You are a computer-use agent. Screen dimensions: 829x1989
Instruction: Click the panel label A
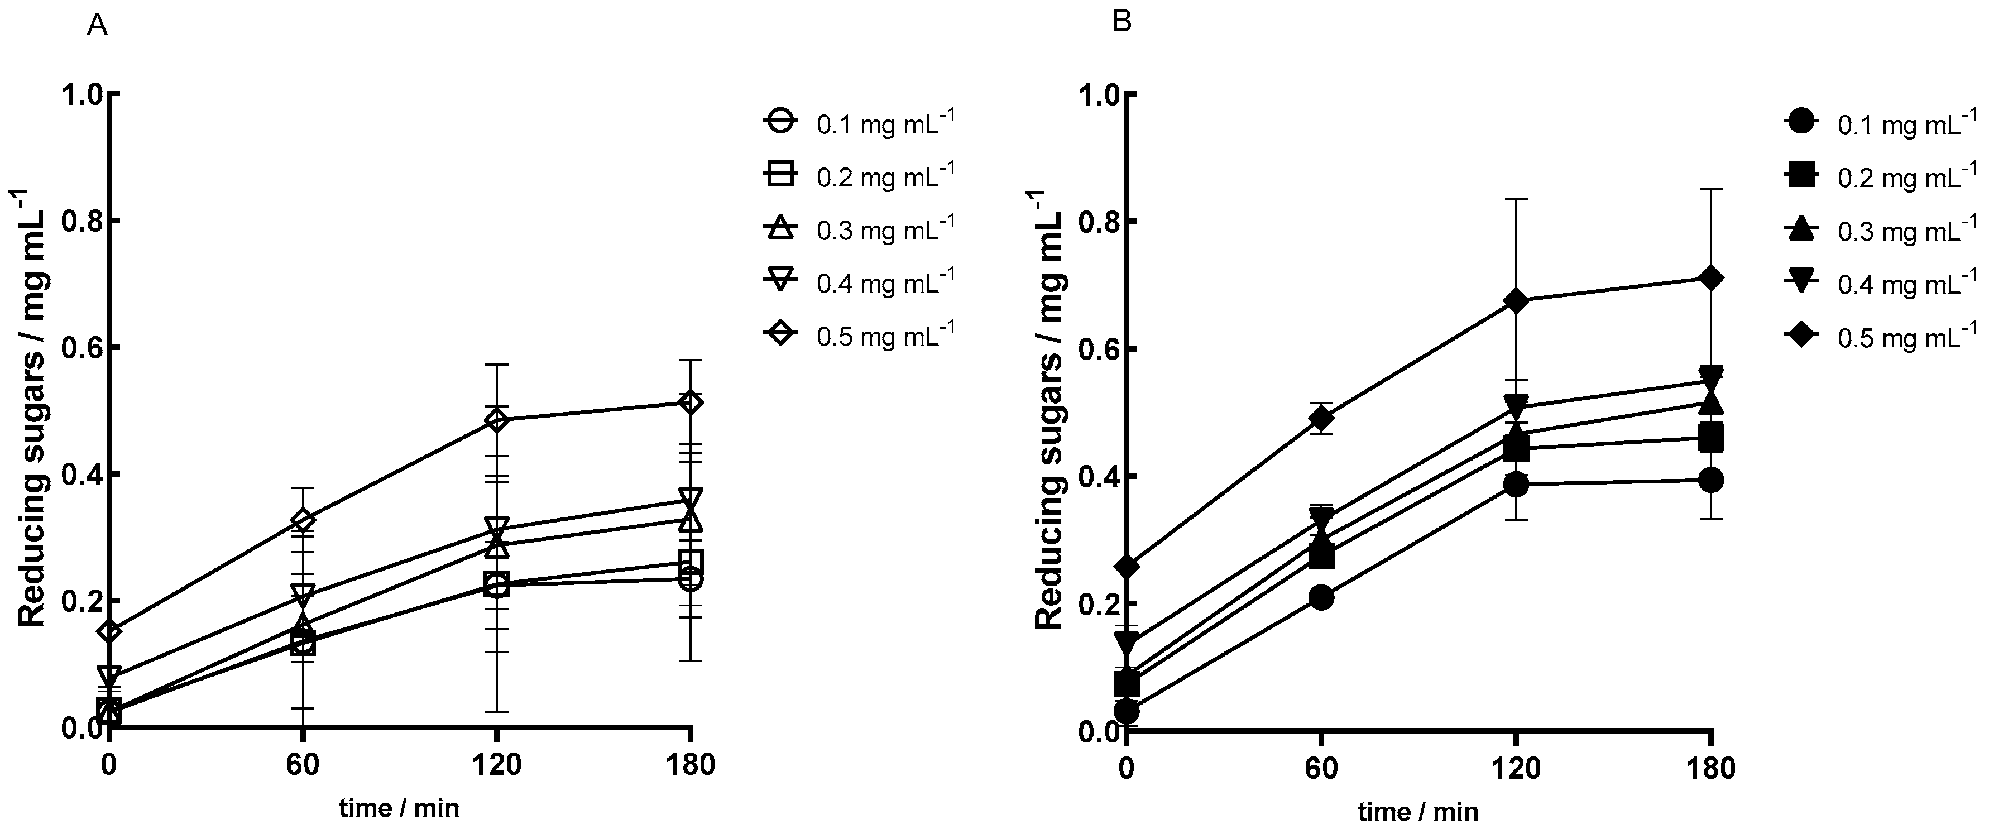point(97,26)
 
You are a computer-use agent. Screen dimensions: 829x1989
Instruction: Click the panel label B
point(1121,22)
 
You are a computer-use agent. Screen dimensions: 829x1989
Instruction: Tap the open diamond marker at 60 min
point(303,520)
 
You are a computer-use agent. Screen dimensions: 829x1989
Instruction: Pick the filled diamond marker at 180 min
point(1711,279)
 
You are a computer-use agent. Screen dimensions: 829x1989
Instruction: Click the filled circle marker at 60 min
point(1321,597)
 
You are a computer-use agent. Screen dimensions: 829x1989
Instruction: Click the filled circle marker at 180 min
point(1711,480)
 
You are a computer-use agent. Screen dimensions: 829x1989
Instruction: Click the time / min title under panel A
point(399,808)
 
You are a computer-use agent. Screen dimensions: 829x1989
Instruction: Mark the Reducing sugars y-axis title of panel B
point(1049,409)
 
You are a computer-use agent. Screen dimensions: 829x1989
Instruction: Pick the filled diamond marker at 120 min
point(1517,300)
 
